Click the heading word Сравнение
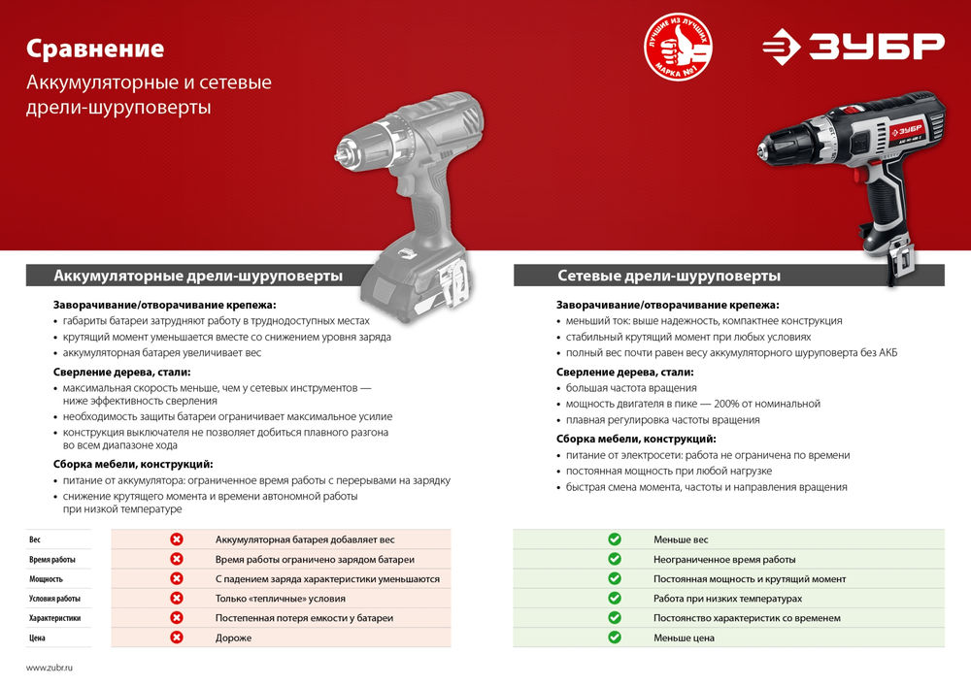[95, 49]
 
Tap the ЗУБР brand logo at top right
[852, 46]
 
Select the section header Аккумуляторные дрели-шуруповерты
[198, 276]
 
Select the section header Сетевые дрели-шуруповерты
[669, 276]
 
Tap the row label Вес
[35, 539]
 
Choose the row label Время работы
[51, 560]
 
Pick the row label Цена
[37, 637]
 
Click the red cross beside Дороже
[177, 637]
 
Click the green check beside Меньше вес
[614, 539]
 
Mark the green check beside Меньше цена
[614, 637]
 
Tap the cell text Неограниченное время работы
[724, 560]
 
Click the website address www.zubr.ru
[50, 668]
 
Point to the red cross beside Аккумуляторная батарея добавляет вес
[177, 539]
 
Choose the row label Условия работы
[54, 599]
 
